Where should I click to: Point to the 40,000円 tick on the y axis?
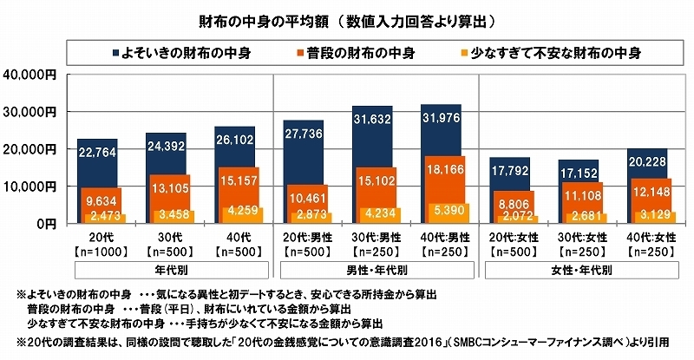tap(32, 75)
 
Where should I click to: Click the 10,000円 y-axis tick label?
tap(32, 187)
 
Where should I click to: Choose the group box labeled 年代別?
tap(167, 270)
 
